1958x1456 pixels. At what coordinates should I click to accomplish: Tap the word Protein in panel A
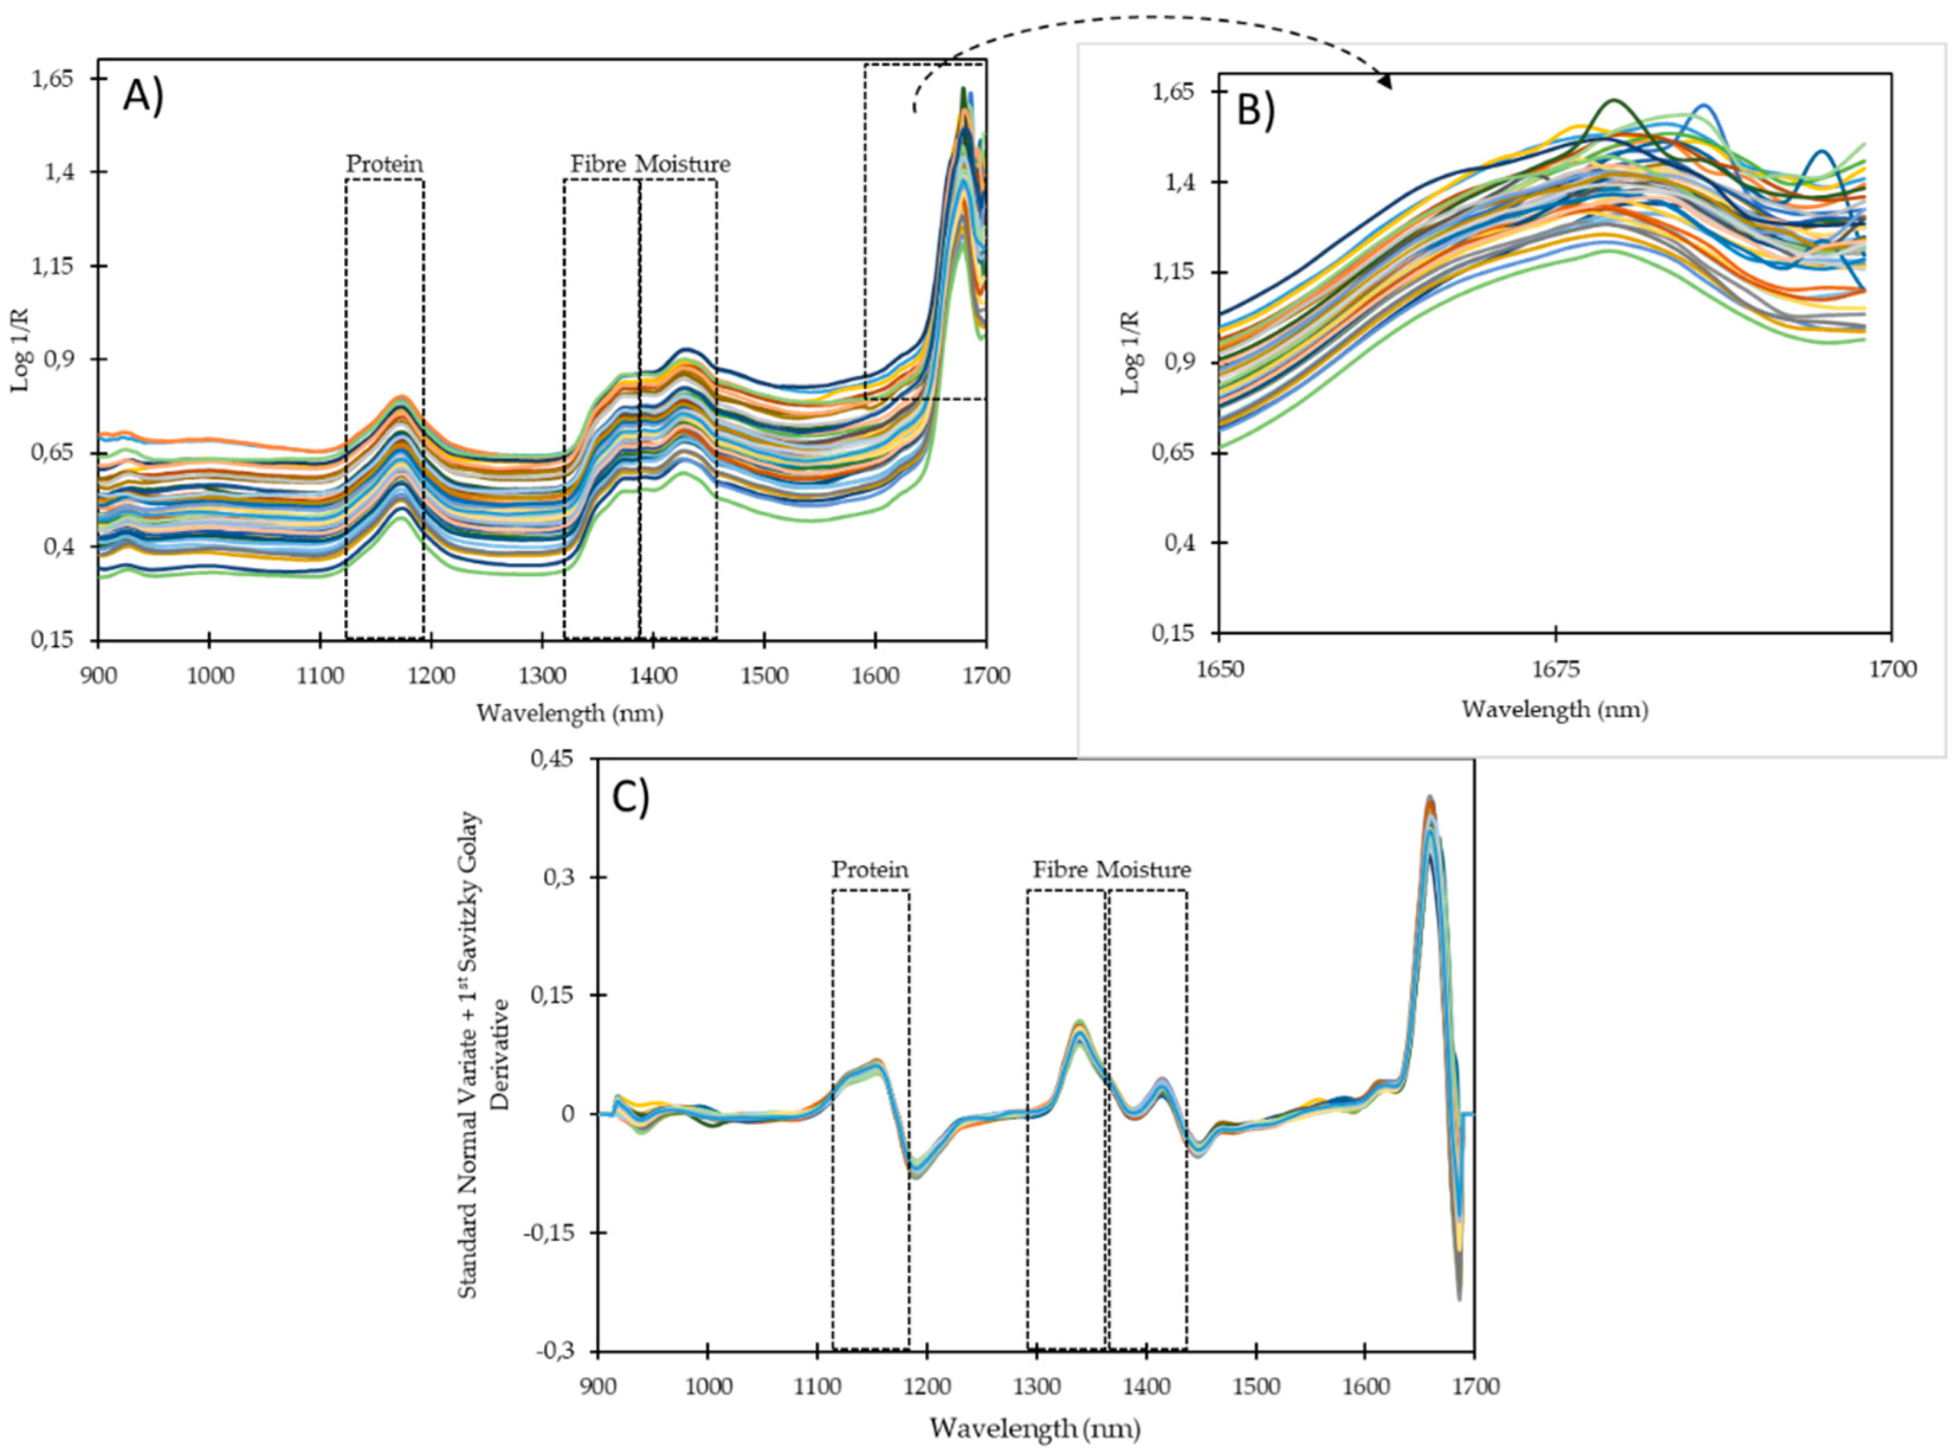click(384, 164)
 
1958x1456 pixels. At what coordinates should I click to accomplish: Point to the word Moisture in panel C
click(1144, 870)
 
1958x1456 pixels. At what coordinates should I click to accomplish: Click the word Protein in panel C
click(870, 870)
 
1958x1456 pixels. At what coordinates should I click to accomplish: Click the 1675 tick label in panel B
click(1556, 669)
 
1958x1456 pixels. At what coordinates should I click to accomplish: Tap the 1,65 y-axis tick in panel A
click(52, 79)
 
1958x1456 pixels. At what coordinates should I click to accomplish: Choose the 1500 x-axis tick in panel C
click(1256, 1386)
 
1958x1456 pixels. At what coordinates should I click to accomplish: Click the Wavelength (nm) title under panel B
click(1555, 709)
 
